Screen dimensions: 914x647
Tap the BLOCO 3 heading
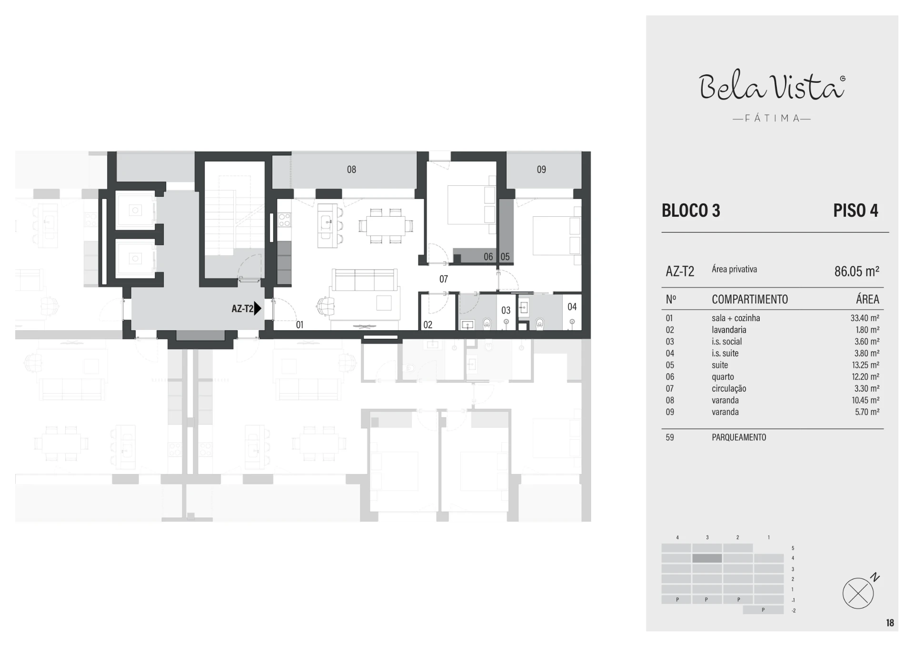coord(691,211)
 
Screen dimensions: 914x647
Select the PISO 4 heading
coord(855,211)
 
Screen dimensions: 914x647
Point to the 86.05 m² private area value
coord(857,271)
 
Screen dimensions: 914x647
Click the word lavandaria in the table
coord(729,330)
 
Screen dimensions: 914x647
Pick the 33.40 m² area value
coord(865,318)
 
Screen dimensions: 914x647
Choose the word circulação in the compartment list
coord(729,389)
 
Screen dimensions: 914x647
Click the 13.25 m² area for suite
coord(865,365)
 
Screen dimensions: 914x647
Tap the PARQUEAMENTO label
coord(739,437)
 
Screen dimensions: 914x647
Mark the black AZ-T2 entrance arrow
coord(258,308)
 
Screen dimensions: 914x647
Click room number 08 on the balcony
coord(351,170)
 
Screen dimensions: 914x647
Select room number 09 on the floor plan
coord(541,170)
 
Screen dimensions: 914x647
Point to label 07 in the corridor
coord(444,279)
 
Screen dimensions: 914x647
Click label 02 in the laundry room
coord(428,325)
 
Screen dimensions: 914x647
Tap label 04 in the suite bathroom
coord(572,307)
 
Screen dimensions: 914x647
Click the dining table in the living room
coord(386,226)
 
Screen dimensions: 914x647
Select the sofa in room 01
coord(365,280)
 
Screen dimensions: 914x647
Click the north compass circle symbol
coord(858,594)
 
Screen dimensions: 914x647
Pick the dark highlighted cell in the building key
coord(707,558)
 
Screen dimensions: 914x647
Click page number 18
coord(890,623)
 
